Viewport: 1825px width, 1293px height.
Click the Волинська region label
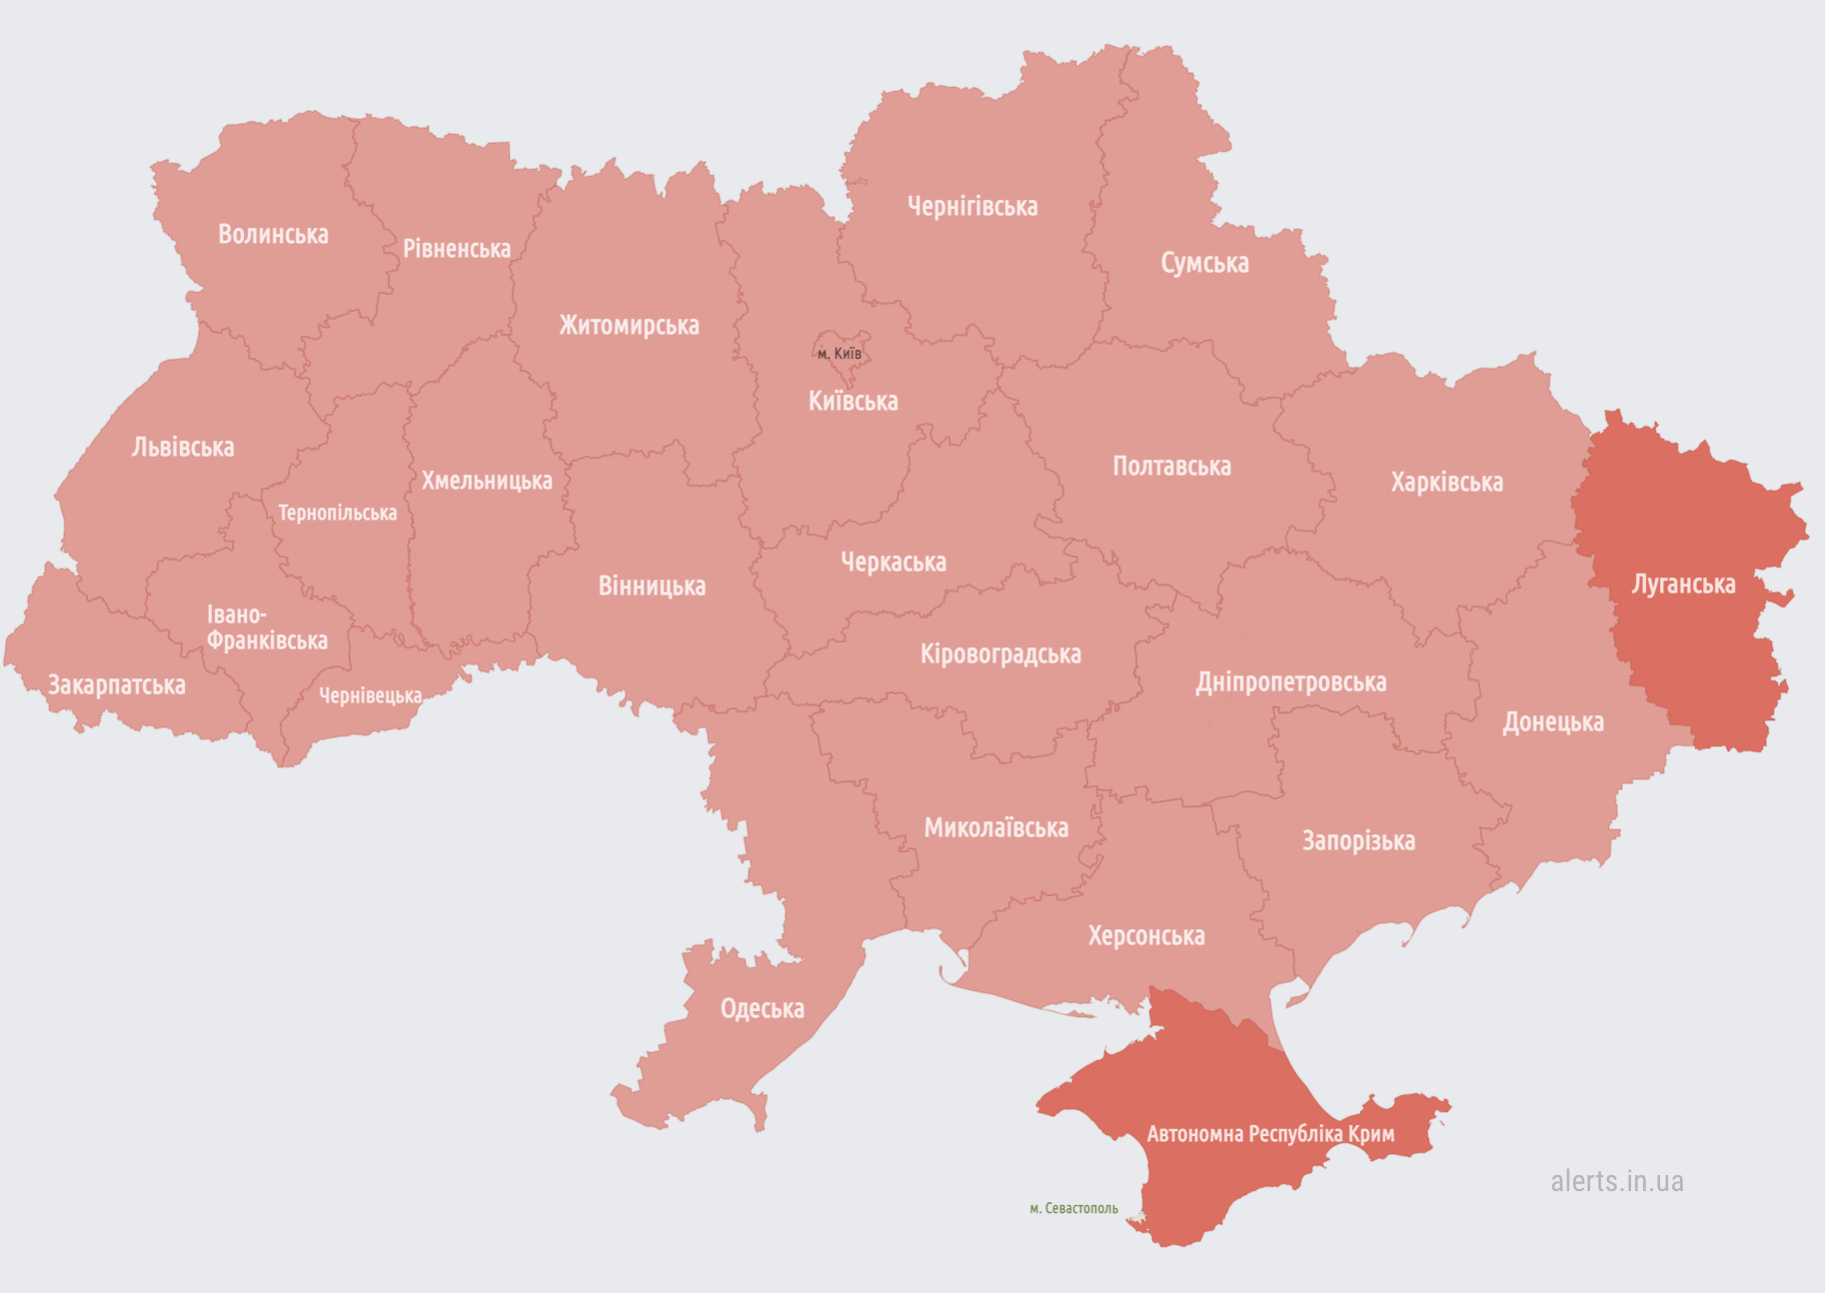point(273,235)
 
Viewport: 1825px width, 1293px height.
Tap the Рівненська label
point(457,249)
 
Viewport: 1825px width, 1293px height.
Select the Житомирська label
point(629,326)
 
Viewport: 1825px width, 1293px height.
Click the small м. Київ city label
point(839,354)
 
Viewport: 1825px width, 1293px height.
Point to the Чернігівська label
point(972,207)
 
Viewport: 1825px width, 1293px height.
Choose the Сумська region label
point(1204,264)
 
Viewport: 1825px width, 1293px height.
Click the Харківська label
point(1446,483)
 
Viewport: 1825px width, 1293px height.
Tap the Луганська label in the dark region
point(1683,585)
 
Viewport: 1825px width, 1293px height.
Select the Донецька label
point(1553,722)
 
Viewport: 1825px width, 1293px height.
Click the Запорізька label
point(1358,841)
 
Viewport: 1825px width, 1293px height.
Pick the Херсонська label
point(1146,936)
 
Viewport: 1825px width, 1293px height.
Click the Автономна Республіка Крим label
point(1270,1134)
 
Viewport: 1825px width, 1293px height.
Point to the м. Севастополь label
point(1073,1209)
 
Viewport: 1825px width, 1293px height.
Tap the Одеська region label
point(762,1009)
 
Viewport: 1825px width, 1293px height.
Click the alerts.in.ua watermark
point(1616,1181)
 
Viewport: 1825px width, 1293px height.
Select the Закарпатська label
point(117,685)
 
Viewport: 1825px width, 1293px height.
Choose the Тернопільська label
point(337,514)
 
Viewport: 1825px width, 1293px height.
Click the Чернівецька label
point(370,695)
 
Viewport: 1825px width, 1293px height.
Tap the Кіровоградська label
point(1000,654)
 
